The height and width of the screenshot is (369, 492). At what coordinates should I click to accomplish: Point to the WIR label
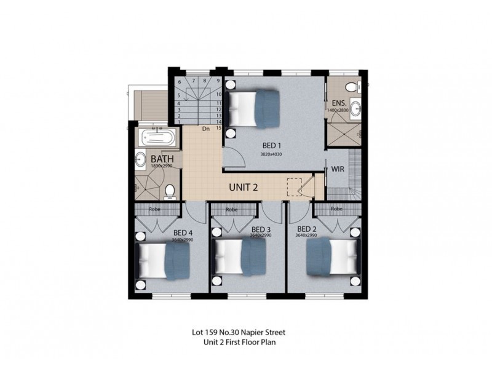(337, 168)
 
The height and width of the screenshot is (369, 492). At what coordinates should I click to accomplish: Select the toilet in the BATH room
(170, 191)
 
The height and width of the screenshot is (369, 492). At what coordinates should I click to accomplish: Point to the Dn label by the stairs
(206, 129)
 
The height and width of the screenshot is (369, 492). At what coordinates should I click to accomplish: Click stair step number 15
(218, 127)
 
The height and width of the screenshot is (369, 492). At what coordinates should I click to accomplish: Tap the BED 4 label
(183, 232)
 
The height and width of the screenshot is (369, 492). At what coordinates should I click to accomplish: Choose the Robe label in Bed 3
(232, 209)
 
